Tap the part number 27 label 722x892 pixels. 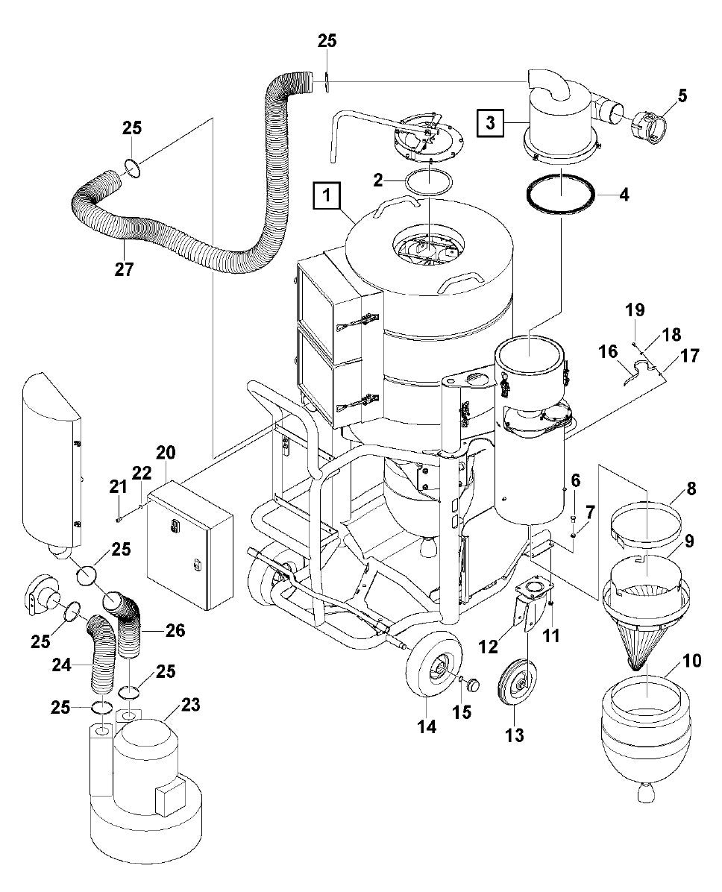pyautogui.click(x=124, y=269)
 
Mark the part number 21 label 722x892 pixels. pyautogui.click(x=117, y=487)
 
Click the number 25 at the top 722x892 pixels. pyautogui.click(x=327, y=40)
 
